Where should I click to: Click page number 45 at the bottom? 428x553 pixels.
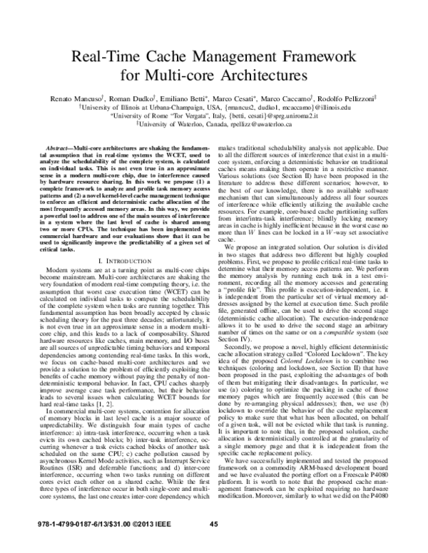213,544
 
